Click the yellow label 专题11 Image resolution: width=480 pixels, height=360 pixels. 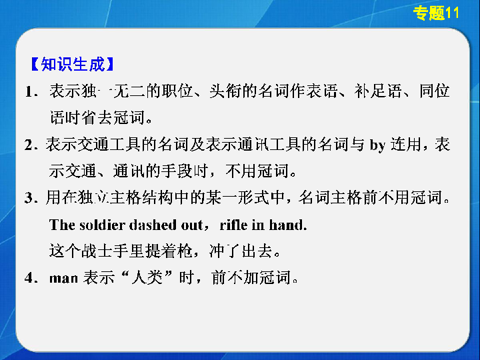436,13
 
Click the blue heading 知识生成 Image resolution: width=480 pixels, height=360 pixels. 73,64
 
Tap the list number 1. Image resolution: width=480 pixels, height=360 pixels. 30,91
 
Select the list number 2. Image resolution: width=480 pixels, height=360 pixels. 29,145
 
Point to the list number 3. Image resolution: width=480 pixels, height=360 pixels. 29,197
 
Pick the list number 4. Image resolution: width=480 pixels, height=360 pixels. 29,277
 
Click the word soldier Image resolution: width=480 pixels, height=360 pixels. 102,225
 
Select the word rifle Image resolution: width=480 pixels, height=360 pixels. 233,225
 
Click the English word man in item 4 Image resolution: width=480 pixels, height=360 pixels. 63,278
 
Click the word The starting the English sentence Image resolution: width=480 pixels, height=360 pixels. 62,225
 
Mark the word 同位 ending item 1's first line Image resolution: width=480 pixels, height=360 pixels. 434,91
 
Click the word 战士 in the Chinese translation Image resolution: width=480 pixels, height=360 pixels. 97,251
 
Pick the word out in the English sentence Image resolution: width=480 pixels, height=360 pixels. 192,225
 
